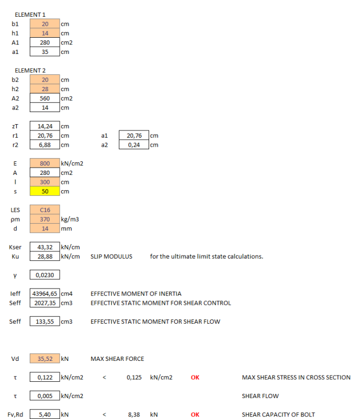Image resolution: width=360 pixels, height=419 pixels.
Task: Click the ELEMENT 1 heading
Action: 30,15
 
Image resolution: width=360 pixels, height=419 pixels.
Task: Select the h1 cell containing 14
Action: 45,33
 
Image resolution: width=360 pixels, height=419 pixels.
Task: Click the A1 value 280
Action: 45,42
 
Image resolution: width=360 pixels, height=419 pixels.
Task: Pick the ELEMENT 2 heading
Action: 30,70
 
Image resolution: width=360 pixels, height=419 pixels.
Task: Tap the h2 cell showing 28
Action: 45,89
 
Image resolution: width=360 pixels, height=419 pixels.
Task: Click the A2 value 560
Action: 45,98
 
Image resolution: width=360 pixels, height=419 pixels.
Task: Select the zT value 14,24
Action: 45,126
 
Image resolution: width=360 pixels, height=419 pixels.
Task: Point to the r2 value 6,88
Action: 45,145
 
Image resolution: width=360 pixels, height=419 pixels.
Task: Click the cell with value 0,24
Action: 134,145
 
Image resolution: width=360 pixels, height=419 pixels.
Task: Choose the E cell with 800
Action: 45,163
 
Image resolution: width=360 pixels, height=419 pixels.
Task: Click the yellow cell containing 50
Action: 45,191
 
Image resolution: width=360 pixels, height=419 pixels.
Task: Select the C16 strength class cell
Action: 45,210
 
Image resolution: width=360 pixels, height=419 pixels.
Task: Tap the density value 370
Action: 45,219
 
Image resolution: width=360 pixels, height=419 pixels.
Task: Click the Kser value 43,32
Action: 45,247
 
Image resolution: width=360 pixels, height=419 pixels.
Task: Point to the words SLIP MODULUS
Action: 111,257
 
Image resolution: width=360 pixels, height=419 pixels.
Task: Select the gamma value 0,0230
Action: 45,275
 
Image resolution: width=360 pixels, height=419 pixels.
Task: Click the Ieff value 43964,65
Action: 45,294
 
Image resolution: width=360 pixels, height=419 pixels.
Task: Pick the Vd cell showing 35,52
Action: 45,359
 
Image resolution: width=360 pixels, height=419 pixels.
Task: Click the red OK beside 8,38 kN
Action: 195,414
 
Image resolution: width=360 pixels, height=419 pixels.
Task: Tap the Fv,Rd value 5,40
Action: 45,414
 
